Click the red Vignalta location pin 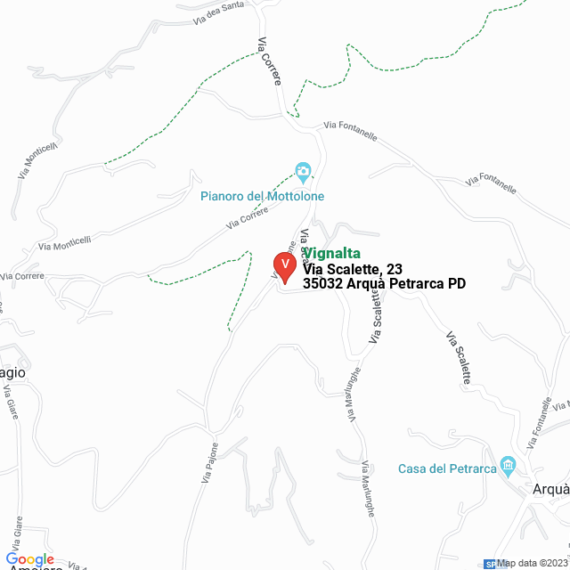tap(284, 266)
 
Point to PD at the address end tap(456, 284)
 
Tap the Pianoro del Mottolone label tap(262, 196)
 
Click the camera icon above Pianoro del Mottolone tap(303, 171)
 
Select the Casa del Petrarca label tap(446, 468)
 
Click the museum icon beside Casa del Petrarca tap(509, 464)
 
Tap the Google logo tap(29, 559)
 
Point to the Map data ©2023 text tap(533, 563)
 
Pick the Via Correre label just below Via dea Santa tap(270, 62)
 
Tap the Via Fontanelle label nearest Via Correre tap(351, 132)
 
